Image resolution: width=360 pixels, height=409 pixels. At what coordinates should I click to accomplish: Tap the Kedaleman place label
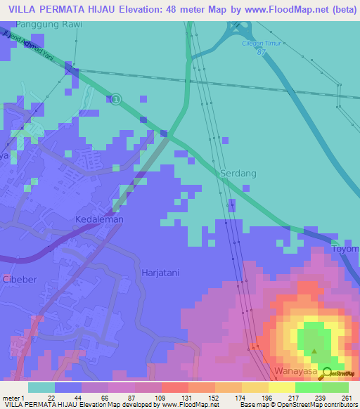pyautogui.click(x=99, y=219)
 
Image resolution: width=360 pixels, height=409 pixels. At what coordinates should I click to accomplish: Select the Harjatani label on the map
pyautogui.click(x=162, y=272)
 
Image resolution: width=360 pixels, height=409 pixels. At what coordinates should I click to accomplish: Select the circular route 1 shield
pyautogui.click(x=115, y=99)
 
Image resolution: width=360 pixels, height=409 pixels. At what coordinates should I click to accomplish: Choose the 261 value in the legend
pyautogui.click(x=347, y=397)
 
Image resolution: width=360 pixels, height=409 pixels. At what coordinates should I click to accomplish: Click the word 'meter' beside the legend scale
pyautogui.click(x=10, y=397)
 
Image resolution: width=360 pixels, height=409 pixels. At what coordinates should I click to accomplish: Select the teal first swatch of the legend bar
pyautogui.click(x=41, y=387)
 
